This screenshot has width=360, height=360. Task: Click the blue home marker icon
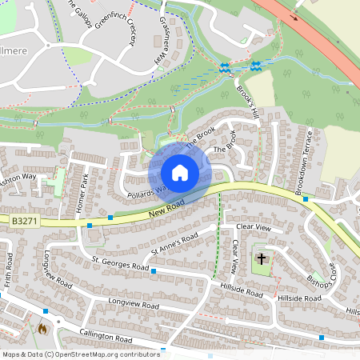(180, 172)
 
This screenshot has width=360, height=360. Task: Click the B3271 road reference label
(24, 218)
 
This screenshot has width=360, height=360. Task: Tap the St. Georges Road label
(120, 263)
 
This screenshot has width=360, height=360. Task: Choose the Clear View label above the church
(254, 228)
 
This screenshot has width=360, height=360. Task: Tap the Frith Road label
(9, 271)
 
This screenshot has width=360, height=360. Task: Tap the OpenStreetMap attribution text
(81, 354)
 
